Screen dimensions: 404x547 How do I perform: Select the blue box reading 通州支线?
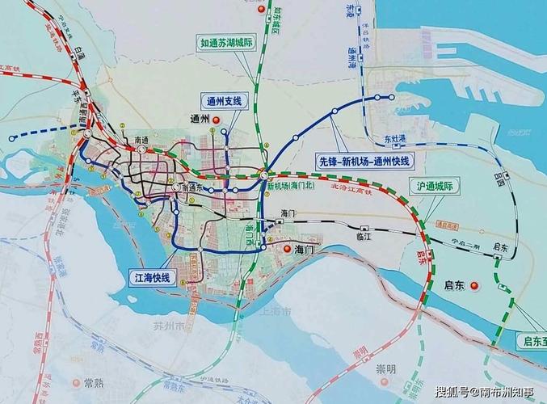[x=221, y=100]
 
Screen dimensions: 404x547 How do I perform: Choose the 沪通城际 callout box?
[x=434, y=186]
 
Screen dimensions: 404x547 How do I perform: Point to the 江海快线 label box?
[x=152, y=277]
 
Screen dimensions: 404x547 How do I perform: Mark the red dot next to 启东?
[x=475, y=284]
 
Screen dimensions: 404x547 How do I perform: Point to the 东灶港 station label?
[x=395, y=138]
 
